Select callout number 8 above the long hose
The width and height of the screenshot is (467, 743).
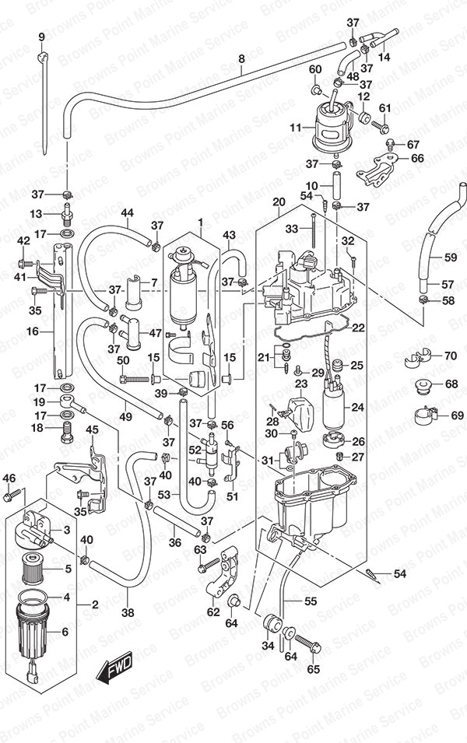241,58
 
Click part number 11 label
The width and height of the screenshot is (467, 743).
295,127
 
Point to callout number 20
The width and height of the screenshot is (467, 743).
279,202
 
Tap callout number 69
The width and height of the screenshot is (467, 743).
457,415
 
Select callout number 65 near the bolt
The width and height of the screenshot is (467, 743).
314,668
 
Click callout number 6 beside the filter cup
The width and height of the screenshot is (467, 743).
64,632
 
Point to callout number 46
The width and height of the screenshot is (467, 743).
9,478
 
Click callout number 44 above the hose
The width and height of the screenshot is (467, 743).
128,213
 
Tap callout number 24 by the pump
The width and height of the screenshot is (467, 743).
358,406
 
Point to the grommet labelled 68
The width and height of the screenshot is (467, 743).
424,384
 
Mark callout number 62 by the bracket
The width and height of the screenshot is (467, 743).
212,612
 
